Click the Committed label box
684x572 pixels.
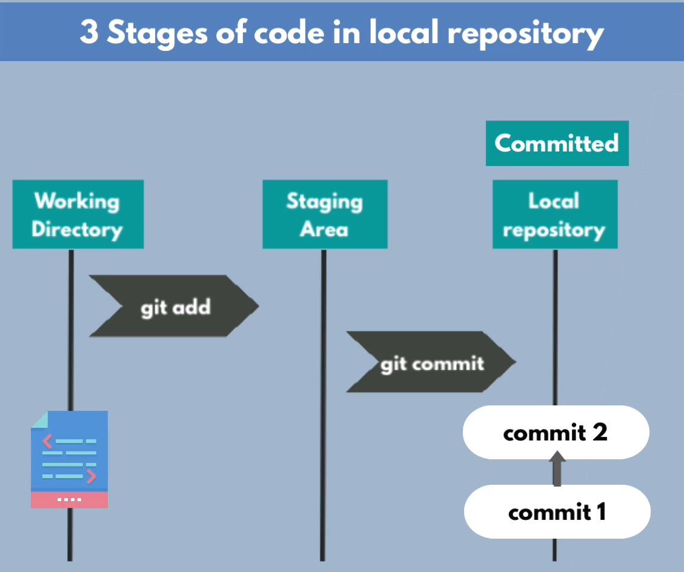pos(557,144)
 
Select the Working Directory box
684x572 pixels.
pos(78,215)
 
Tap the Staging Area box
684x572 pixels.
pos(325,215)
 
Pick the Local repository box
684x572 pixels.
pos(555,215)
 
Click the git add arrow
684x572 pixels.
pos(174,307)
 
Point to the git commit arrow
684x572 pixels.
pos(431,362)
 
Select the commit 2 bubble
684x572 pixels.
pos(556,432)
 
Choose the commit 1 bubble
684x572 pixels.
pos(557,512)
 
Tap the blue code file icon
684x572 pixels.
pos(69,451)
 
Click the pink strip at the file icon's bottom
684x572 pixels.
pos(69,499)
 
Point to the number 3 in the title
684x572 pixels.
pos(88,32)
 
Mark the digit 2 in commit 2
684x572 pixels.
pos(600,432)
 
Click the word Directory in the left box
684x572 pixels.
pos(77,230)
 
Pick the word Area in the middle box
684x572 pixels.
pos(324,230)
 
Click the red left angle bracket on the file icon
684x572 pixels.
pos(47,441)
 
